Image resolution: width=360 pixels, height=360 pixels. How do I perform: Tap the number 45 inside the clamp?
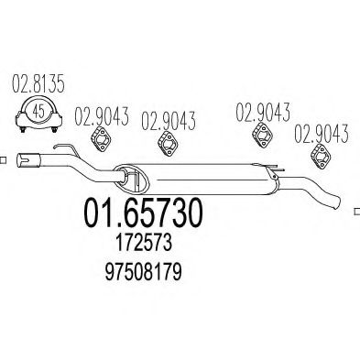point(36,113)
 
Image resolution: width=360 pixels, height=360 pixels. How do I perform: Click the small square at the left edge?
point(3,158)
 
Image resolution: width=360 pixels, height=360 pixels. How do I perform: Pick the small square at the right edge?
point(355,210)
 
